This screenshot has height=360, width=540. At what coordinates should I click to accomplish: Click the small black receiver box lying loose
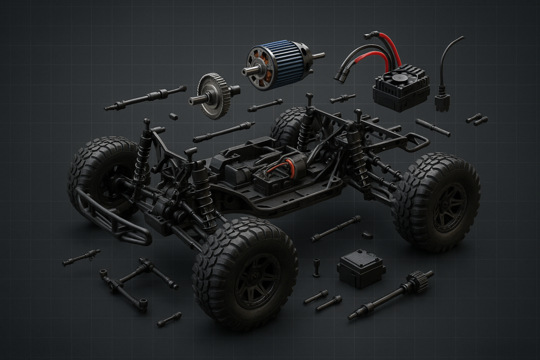[x=361, y=268]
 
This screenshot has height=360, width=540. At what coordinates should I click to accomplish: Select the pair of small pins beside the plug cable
[x=477, y=120]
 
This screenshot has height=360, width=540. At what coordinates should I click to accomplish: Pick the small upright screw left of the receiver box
[x=316, y=267]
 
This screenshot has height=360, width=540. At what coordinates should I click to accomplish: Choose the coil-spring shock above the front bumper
[x=142, y=155]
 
